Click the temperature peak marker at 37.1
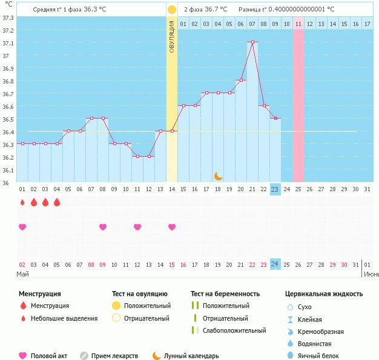pos(252,42)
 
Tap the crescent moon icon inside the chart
pos(218,175)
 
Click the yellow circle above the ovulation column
pos(172,10)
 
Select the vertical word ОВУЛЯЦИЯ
pos(172,36)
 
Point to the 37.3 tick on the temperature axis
pos(8,18)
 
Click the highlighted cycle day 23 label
pos(275,189)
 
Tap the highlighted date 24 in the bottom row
pos(275,264)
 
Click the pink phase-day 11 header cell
pos(298,24)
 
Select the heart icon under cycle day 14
pos(172,227)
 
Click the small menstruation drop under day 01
pos(22,203)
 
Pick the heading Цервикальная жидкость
pos(324,294)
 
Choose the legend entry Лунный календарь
pos(191,356)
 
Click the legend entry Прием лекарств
pos(114,356)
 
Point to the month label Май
pos(22,274)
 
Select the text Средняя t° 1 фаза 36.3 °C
pos(70,10)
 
